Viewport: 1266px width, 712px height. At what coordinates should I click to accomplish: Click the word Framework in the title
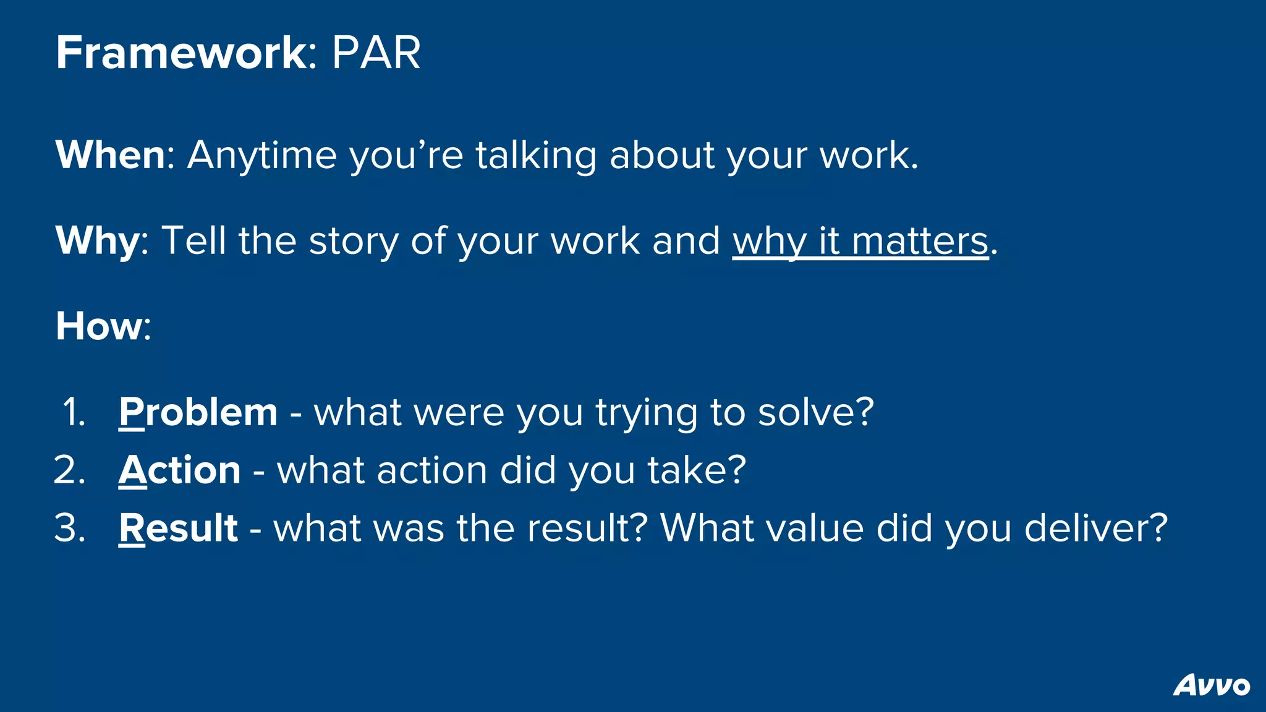(181, 53)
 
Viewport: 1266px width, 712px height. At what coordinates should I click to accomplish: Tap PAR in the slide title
(376, 53)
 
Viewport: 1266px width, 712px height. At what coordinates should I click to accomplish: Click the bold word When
(110, 155)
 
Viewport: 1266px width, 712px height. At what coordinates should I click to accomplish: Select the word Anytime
(261, 156)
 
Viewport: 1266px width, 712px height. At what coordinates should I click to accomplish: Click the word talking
(535, 156)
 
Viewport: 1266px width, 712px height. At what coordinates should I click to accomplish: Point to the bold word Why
(98, 241)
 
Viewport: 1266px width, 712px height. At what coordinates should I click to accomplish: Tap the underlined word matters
(920, 241)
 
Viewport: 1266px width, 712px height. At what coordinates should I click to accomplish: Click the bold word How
(99, 326)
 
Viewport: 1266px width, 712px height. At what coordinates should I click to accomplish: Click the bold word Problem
(198, 412)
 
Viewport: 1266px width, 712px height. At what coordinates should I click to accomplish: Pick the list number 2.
(69, 470)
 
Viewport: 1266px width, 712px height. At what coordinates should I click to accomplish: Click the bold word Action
(179, 470)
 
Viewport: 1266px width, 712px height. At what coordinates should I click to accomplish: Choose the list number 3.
(69, 528)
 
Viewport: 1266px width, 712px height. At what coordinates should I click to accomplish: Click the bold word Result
(178, 528)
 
